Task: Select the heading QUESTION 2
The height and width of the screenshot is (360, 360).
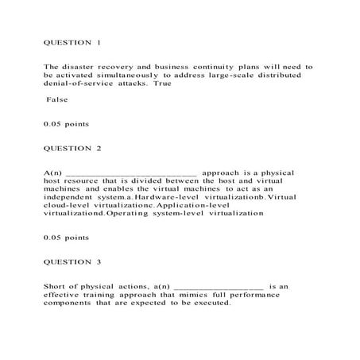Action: pyautogui.click(x=72, y=148)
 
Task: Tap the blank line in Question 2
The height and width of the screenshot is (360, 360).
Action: pyautogui.click(x=130, y=172)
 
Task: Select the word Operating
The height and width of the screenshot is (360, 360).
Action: pyautogui.click(x=131, y=215)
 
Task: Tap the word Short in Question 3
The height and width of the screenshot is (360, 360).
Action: pyautogui.click(x=57, y=285)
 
